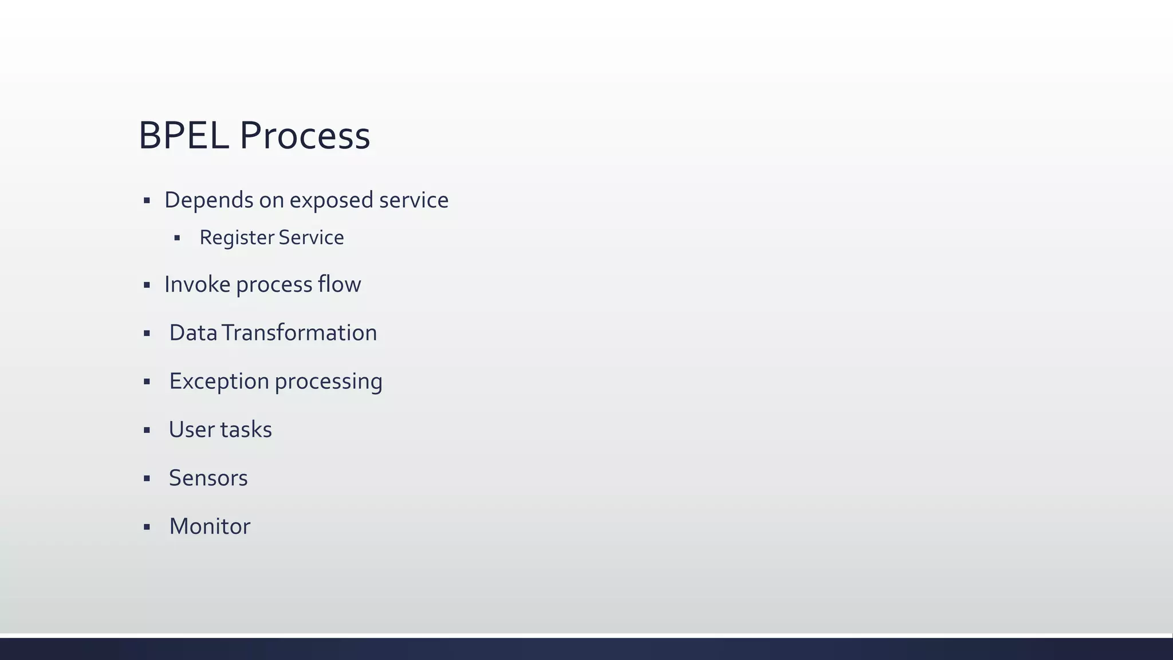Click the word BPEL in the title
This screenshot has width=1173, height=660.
point(183,136)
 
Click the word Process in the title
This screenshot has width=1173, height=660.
point(305,136)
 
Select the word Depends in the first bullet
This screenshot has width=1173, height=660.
point(208,201)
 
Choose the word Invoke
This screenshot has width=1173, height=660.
point(197,285)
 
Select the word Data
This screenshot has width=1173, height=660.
point(193,333)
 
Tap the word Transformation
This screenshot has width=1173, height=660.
point(300,333)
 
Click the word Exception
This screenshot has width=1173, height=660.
point(219,382)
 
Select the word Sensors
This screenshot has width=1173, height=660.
point(208,478)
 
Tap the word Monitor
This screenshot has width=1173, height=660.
point(210,527)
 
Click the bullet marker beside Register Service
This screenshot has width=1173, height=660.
point(177,238)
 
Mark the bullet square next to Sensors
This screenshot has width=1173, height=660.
point(147,478)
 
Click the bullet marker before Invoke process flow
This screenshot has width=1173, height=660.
point(147,285)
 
